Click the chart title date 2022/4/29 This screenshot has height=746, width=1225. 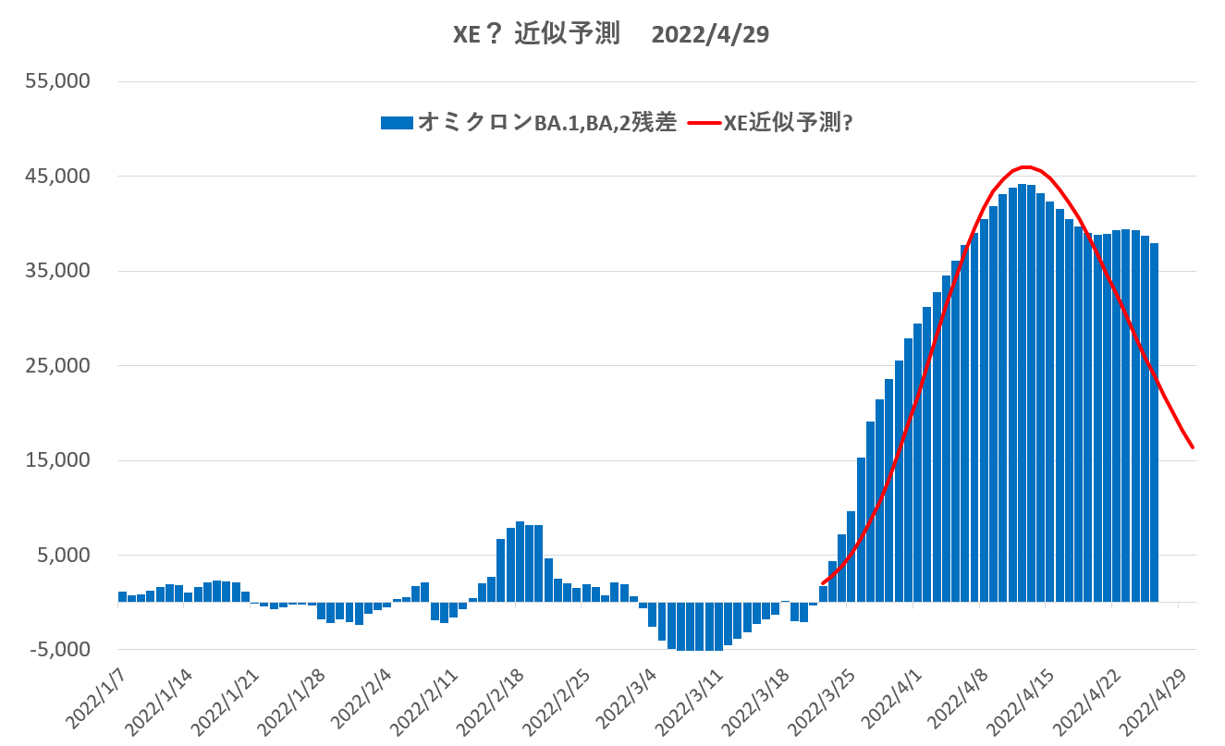coord(710,34)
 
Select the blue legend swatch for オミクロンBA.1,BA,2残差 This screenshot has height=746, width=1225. coord(398,122)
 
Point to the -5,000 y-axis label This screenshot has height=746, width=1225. coord(60,650)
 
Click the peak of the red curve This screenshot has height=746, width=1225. coord(1025,167)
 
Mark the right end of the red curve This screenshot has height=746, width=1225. coord(1193,447)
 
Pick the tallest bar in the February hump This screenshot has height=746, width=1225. coord(520,562)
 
